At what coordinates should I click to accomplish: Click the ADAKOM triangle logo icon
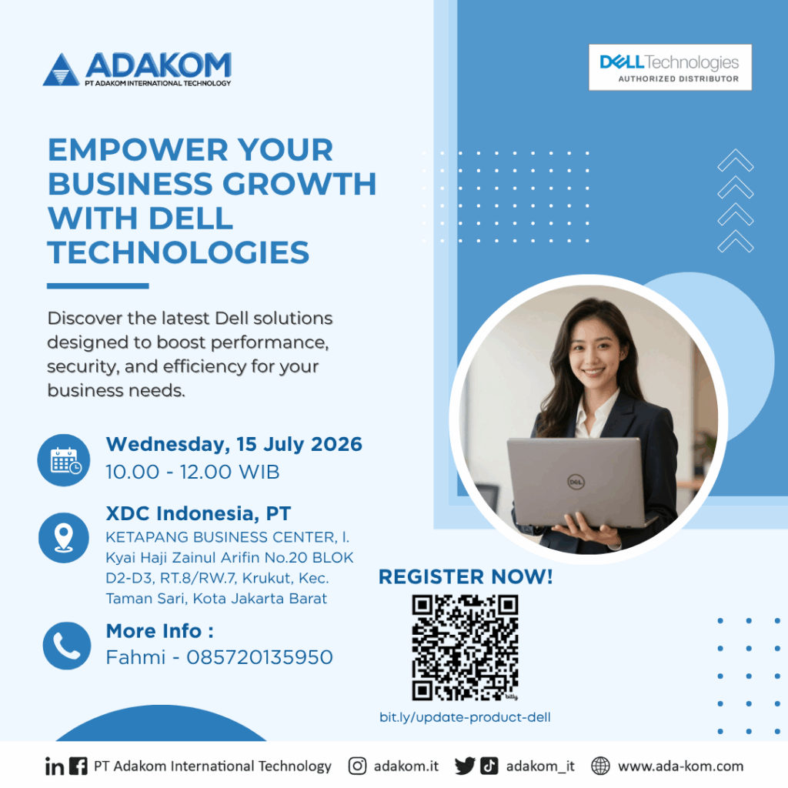click(61, 69)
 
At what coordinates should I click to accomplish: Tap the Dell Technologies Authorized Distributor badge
click(670, 68)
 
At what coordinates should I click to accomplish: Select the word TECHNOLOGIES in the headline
click(179, 252)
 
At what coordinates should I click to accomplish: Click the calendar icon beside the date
click(64, 460)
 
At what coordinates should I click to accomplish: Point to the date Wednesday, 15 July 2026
click(234, 444)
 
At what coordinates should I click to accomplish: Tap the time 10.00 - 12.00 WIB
click(192, 472)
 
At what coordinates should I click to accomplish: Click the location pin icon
click(64, 538)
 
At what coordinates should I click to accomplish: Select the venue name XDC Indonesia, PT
click(198, 513)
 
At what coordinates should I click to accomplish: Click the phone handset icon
click(67, 646)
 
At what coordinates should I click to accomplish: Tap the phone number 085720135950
click(259, 657)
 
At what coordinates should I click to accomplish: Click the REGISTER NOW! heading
click(466, 577)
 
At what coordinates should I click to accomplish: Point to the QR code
click(465, 647)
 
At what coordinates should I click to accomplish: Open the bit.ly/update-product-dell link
click(465, 717)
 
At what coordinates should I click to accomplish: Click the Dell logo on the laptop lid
click(576, 482)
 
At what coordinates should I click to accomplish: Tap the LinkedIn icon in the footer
click(55, 766)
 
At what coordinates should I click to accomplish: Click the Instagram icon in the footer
click(357, 766)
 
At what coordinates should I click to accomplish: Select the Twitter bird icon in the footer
click(465, 766)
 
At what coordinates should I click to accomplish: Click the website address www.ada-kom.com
click(680, 766)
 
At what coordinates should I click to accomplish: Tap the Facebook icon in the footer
click(78, 766)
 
